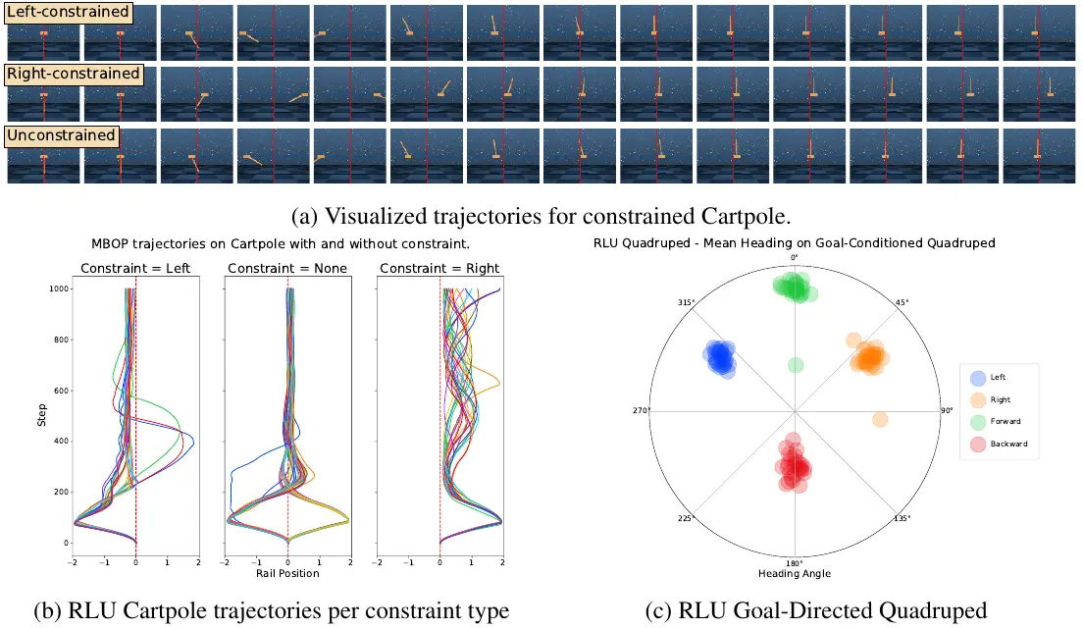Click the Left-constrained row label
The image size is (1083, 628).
68,12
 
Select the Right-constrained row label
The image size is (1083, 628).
74,74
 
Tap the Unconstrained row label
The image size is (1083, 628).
62,135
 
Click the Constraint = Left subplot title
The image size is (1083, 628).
135,268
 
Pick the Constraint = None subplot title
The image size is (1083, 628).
287,268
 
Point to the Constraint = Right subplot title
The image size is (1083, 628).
439,268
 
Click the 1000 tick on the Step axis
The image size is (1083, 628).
59,288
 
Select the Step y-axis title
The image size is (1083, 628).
42,414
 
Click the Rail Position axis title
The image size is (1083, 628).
287,573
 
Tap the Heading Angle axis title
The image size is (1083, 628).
795,573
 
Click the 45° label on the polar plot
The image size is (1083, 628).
902,302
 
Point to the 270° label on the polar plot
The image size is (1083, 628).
641,410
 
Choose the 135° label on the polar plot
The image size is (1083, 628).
902,518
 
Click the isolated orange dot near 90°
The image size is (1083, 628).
880,419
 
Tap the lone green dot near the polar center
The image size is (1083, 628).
796,365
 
